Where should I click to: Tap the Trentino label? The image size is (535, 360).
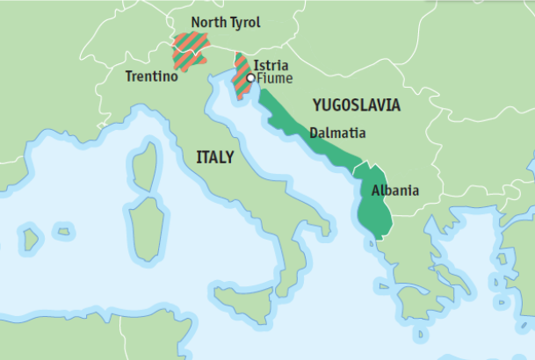[x=151, y=76]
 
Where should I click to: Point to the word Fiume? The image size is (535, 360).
[x=274, y=78]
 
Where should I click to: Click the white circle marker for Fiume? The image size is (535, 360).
[x=251, y=78]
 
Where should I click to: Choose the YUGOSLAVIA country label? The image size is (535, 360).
[x=357, y=105]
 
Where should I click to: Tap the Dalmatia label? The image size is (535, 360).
[x=338, y=133]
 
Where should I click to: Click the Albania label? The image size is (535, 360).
[x=394, y=190]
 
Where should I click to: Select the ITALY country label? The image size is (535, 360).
[x=214, y=157]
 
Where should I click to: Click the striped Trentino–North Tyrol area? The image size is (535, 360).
[x=190, y=51]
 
